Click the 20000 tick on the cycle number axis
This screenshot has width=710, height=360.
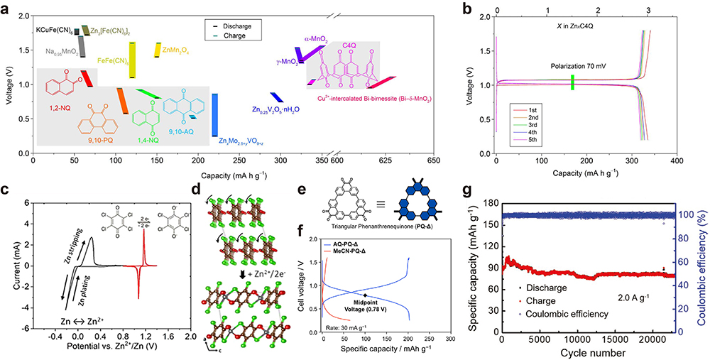click(663, 343)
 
